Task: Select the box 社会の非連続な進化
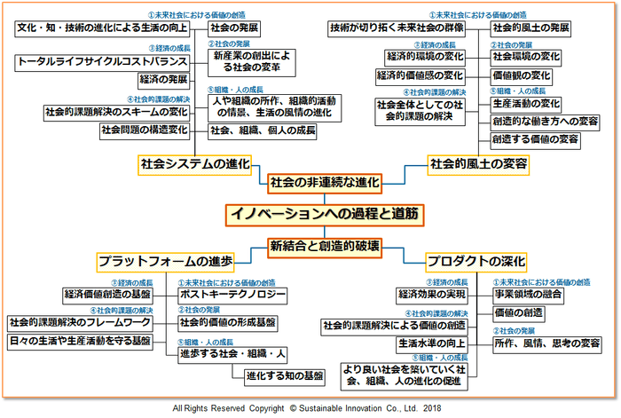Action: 325,182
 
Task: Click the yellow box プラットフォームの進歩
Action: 166,262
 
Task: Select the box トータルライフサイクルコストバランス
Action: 102,61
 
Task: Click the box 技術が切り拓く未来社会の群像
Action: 397,28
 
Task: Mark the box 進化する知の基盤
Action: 287,374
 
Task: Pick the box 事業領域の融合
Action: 529,294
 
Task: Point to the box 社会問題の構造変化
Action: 144,130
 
